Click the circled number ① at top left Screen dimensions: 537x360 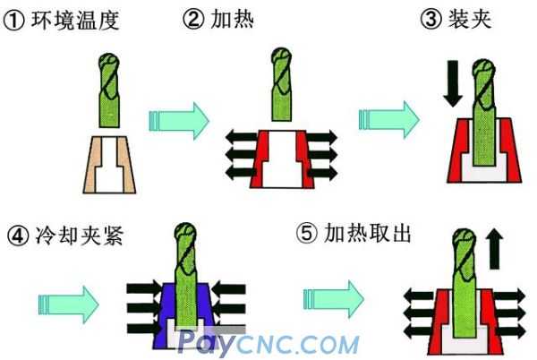(x=13, y=21)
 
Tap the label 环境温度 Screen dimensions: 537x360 (x=75, y=21)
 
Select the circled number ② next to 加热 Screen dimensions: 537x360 (x=193, y=19)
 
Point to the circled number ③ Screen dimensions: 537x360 (x=430, y=19)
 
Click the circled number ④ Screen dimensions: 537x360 (x=18, y=236)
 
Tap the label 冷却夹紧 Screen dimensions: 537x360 (x=80, y=236)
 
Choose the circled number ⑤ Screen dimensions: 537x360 (x=307, y=234)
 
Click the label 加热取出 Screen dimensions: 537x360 (x=367, y=233)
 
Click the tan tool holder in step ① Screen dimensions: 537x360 (x=109, y=165)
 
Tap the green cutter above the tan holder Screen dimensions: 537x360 (x=109, y=90)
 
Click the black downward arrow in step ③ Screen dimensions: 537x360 (x=453, y=83)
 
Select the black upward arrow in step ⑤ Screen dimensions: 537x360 (x=494, y=248)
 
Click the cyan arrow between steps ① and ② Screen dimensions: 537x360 (x=179, y=121)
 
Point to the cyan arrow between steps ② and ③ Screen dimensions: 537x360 (x=389, y=119)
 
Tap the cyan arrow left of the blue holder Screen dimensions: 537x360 (x=69, y=304)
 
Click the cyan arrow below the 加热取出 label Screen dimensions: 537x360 (x=334, y=299)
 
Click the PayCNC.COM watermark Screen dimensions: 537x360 (x=268, y=342)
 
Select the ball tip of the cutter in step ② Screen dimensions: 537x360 (x=282, y=55)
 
